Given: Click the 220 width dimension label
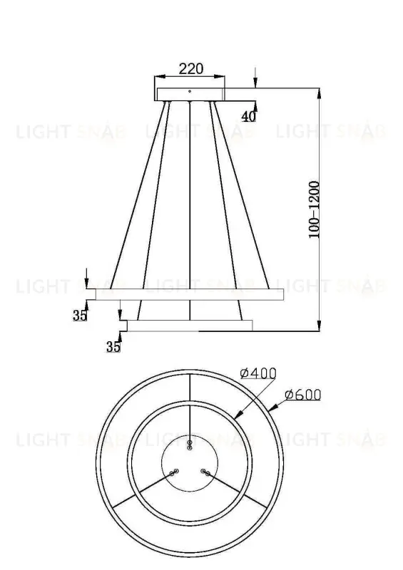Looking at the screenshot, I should pyautogui.click(x=190, y=69).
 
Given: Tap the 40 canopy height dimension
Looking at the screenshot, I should pyautogui.click(x=248, y=117).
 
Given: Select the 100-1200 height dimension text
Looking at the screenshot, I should pyautogui.click(x=314, y=209).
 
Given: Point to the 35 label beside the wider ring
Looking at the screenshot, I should pyautogui.click(x=79, y=316).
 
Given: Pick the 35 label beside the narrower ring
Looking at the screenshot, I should pyautogui.click(x=113, y=347).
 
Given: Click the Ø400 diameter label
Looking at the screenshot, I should pyautogui.click(x=258, y=373).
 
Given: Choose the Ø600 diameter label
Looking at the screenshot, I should pyautogui.click(x=303, y=395).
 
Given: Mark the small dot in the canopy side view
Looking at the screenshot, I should pyautogui.click(x=190, y=90).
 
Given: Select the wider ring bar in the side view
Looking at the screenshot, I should pyautogui.click(x=185, y=294).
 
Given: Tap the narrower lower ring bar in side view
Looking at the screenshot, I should pyautogui.click(x=189, y=325).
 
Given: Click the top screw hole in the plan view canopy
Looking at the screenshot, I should pyautogui.click(x=189, y=445).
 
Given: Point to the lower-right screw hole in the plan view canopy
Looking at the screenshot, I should pyautogui.click(x=205, y=472).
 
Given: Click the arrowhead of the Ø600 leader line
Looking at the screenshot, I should pyautogui.click(x=274, y=408).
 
